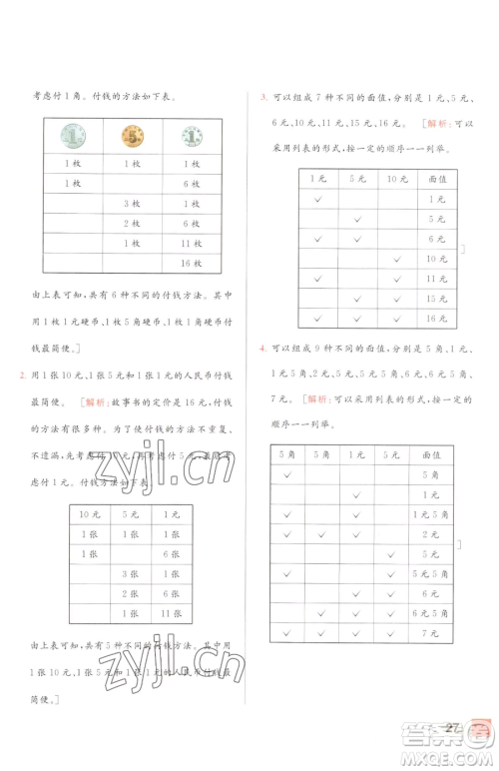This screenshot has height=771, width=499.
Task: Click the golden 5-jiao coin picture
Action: tap(132, 136)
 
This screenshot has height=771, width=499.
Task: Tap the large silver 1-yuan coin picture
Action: tap(73, 135)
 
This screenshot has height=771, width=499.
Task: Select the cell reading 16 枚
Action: tap(191, 263)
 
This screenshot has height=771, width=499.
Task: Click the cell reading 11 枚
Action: tap(191, 243)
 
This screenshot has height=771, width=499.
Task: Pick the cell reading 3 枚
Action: tap(132, 204)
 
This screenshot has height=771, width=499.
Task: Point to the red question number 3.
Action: tap(261, 98)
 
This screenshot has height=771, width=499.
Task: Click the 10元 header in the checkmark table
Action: tap(396, 178)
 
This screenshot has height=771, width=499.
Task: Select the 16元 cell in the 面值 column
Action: tap(436, 318)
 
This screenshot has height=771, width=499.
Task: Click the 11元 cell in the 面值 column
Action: tap(436, 278)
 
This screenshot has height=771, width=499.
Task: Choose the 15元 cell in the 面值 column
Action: tap(436, 298)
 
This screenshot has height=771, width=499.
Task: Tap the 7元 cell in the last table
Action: tap(430, 633)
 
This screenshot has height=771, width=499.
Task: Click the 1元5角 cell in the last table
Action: tap(430, 514)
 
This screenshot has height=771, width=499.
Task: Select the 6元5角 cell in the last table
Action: tap(430, 613)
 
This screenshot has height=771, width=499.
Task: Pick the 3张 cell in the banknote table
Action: tap(129, 573)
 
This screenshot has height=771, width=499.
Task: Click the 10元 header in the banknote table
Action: tap(89, 514)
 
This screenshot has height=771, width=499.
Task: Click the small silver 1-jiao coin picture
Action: tap(190, 136)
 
